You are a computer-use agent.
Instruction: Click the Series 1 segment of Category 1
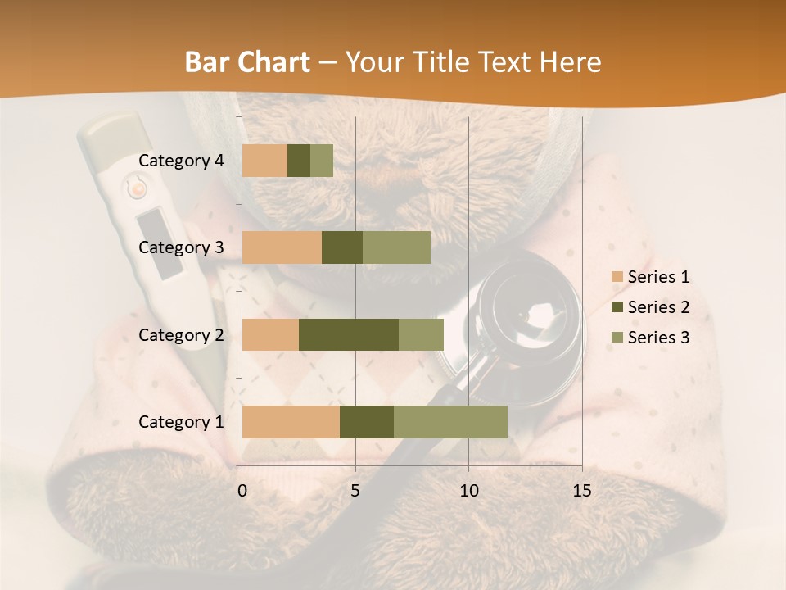click(291, 422)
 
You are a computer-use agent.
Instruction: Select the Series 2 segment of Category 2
click(349, 334)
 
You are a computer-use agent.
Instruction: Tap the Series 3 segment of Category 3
click(396, 247)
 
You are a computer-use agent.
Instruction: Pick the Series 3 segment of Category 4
click(322, 161)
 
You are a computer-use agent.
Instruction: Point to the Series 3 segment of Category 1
click(450, 422)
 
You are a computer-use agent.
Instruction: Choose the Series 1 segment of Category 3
click(282, 247)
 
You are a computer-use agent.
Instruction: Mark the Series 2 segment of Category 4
click(299, 161)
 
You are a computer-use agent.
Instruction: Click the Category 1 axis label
click(181, 422)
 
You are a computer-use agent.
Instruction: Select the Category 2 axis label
click(181, 334)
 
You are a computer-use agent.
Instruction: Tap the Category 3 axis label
click(181, 247)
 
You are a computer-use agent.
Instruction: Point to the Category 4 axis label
click(181, 161)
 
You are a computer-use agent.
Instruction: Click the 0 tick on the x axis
click(242, 491)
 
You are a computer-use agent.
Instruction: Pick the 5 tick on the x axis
click(355, 491)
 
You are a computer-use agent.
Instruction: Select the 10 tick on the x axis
click(468, 491)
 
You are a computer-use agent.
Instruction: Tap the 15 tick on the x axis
click(582, 491)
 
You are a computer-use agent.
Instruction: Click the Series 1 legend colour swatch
click(617, 277)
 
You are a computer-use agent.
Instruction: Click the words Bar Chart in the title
click(247, 62)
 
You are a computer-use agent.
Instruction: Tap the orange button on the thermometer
click(138, 188)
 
